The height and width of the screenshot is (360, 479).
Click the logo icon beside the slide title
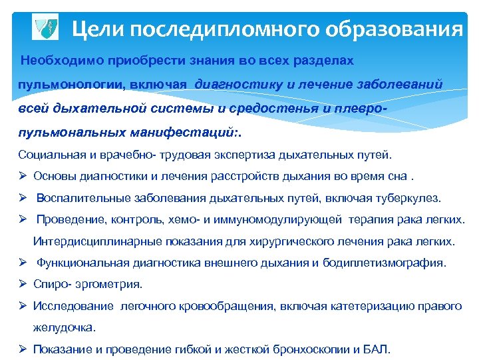click(x=45, y=27)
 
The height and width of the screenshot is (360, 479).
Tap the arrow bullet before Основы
click(x=23, y=177)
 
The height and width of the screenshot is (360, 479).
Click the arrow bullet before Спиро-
click(x=23, y=284)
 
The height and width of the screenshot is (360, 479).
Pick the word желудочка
click(x=64, y=327)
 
